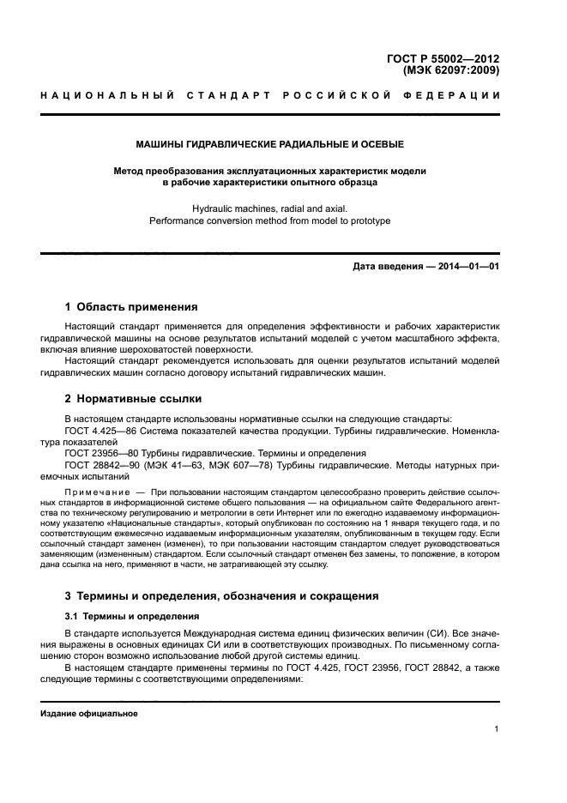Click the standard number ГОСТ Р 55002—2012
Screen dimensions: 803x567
[x=443, y=58]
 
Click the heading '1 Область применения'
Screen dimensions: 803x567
[x=132, y=306]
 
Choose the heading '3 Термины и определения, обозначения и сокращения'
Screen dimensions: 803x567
[x=222, y=595]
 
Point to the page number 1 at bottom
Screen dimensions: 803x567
[x=498, y=729]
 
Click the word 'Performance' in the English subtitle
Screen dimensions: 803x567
[x=175, y=220]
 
